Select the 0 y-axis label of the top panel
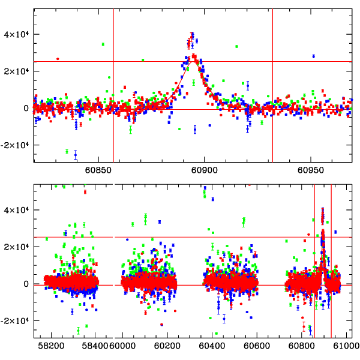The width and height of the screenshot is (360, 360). click(x=26, y=108)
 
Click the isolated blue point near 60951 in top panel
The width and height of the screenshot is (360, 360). click(x=313, y=56)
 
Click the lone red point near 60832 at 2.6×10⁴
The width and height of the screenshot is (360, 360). click(x=58, y=59)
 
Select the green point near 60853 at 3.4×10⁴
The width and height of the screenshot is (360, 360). click(x=103, y=44)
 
